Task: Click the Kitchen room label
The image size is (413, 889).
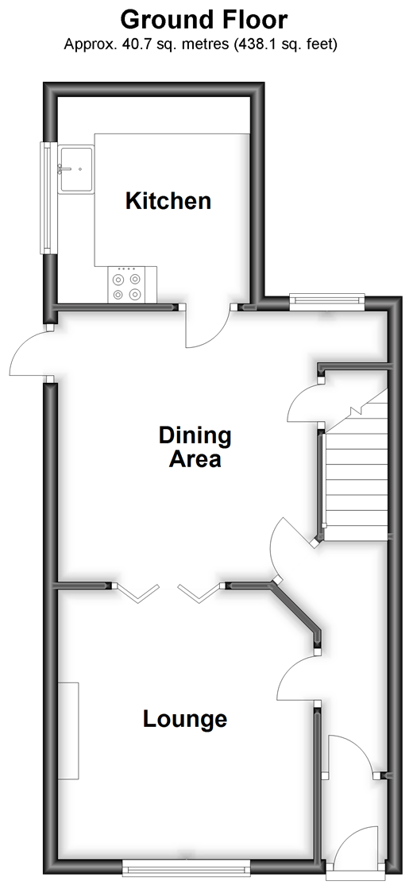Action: coord(168,201)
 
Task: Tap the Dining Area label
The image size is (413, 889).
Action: coord(195,447)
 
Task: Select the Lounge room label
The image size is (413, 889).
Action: coord(185,719)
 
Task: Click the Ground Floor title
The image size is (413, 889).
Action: coord(204,20)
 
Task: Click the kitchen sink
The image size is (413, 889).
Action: coord(75,168)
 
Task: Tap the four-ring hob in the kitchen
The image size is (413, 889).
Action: coord(127,286)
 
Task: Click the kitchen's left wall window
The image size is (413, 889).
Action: coord(44,198)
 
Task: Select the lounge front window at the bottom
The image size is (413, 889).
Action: coord(187,868)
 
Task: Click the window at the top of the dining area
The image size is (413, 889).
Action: coord(327,301)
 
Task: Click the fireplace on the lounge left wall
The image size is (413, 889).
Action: coord(69,732)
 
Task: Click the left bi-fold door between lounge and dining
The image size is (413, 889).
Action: coord(136,593)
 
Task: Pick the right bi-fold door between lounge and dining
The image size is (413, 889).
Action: coord(199,593)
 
